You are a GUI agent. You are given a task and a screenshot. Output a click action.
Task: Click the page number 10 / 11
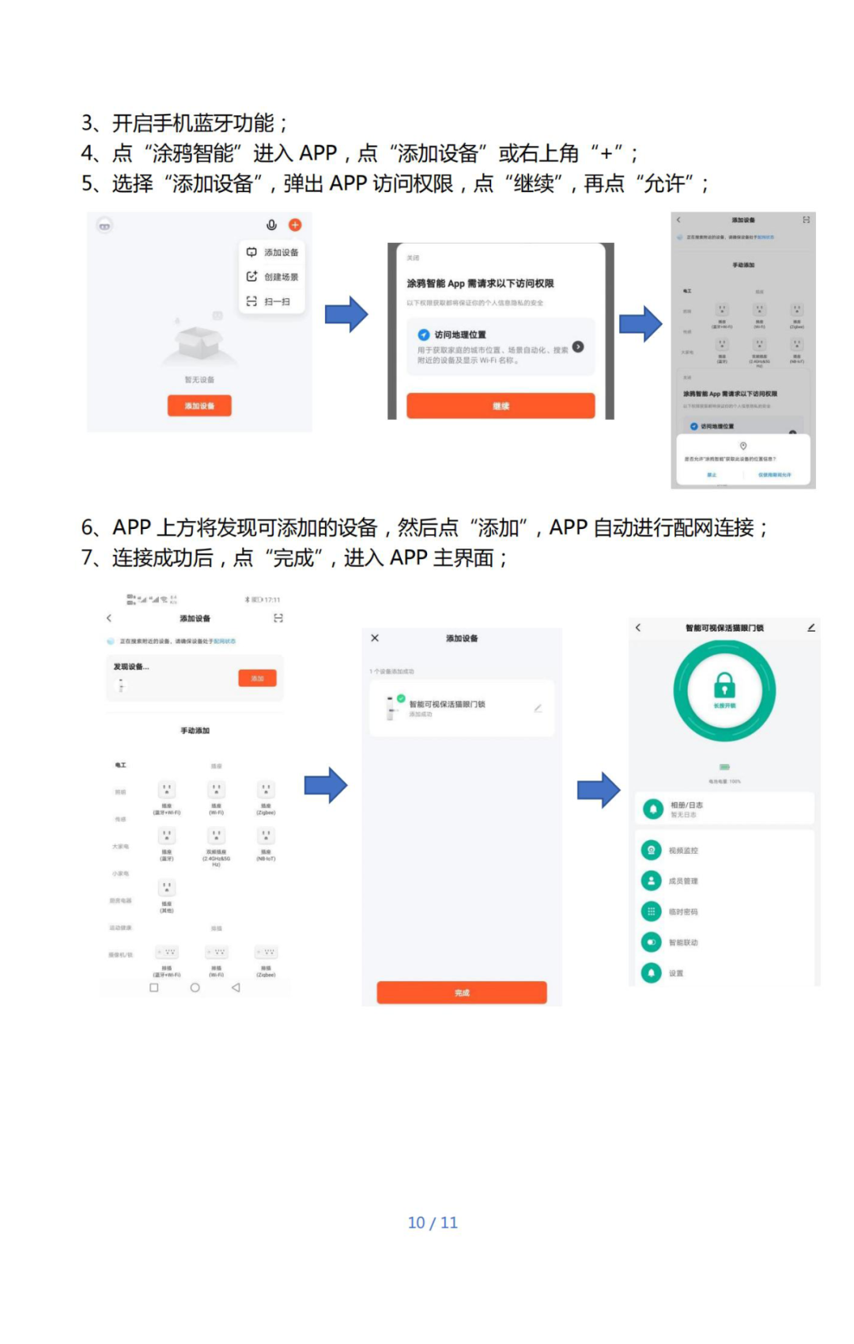coord(433,1222)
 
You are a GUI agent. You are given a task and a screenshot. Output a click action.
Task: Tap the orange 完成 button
coord(462,992)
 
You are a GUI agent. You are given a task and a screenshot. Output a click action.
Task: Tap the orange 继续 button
coord(501,406)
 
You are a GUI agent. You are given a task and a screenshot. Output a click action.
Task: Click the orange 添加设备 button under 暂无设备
coord(199,406)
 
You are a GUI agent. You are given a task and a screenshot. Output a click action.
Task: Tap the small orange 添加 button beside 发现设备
coord(257,678)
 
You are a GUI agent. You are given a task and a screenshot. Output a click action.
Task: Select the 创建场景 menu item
coord(273,277)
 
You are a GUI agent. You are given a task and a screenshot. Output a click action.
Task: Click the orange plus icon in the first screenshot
coord(295,225)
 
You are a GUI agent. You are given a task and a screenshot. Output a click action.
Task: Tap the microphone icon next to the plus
coord(271,225)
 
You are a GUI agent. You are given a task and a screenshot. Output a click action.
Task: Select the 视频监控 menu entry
coord(682,851)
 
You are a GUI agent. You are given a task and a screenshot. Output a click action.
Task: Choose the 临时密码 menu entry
coord(682,912)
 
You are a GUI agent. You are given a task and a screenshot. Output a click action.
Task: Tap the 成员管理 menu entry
coord(682,881)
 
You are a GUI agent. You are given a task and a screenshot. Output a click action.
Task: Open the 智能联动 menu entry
coord(682,942)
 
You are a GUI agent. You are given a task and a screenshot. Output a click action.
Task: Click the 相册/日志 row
coord(724,809)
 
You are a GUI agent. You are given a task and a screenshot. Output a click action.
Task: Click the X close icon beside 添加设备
coord(375,638)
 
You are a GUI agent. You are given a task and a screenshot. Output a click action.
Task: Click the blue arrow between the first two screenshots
coord(346,314)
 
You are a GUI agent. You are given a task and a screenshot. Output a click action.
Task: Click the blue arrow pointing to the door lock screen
coord(599,790)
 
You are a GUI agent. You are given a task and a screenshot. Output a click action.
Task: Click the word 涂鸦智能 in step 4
coord(193,153)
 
